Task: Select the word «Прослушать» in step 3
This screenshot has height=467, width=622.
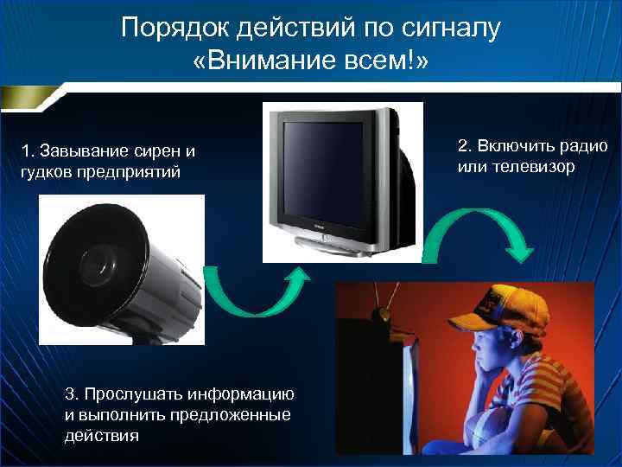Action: [128, 394]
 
